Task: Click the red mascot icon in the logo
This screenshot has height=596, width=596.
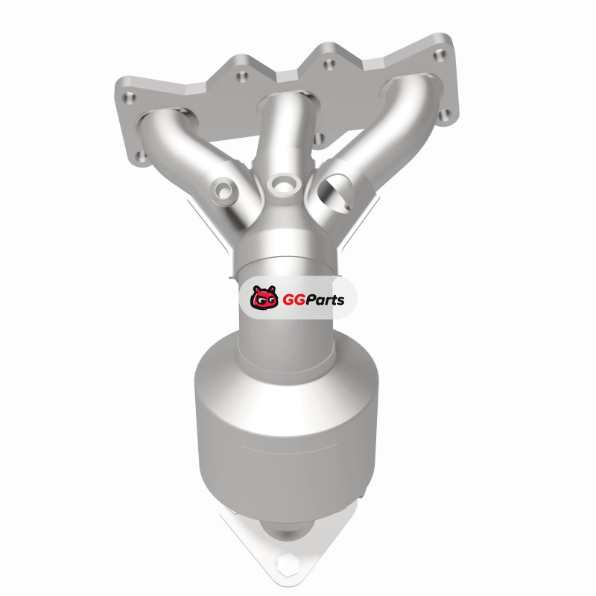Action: pos(264,297)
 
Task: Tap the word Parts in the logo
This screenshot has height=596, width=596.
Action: pos(322,300)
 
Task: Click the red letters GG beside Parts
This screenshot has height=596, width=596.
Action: pos(291,300)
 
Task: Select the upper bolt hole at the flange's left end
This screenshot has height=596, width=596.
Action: pos(129,98)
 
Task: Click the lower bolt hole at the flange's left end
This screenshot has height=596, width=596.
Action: pos(142,156)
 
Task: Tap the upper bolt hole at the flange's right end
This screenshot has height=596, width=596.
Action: pos(440,55)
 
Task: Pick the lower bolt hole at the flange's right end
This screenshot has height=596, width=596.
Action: pos(446,115)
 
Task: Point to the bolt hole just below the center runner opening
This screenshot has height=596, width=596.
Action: pos(320,139)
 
